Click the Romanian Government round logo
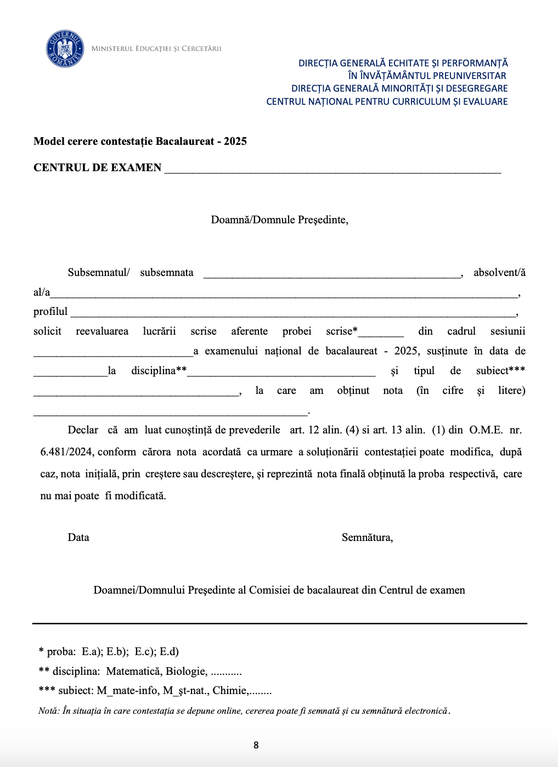[65, 49]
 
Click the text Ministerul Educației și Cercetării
[156, 49]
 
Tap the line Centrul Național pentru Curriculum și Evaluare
[387, 101]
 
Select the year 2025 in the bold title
[235, 142]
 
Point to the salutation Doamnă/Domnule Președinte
[279, 220]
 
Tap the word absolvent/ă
[499, 273]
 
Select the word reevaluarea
[102, 331]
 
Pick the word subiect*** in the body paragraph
[500, 371]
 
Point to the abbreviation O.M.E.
[486, 430]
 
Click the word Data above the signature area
[78, 538]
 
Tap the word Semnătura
[367, 538]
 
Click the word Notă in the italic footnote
[48, 711]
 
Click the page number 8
[256, 745]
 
